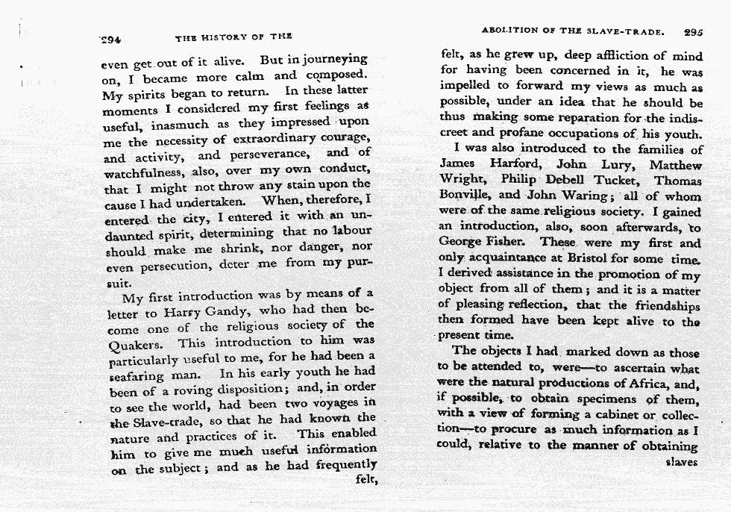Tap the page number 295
pyautogui.click(x=692, y=33)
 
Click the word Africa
pyautogui.click(x=660, y=384)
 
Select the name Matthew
pyautogui.click(x=676, y=165)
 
